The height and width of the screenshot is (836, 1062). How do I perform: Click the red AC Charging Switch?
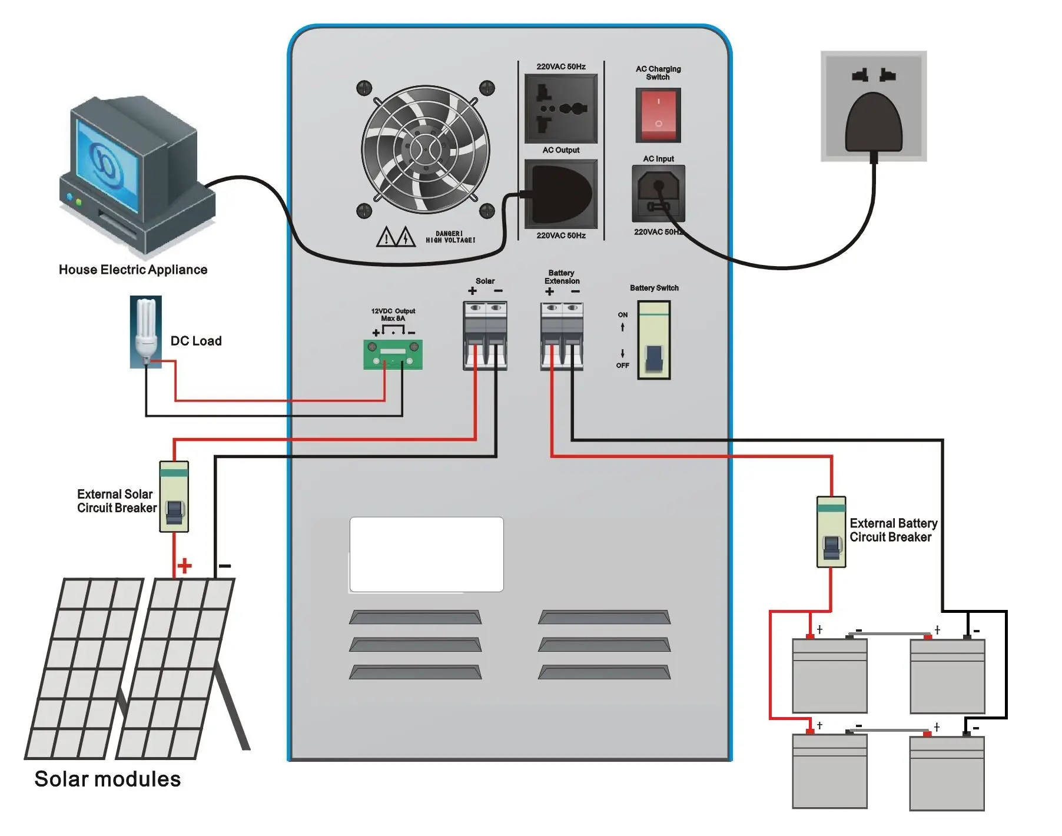click(x=658, y=115)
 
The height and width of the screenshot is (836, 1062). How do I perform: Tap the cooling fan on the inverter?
click(x=426, y=150)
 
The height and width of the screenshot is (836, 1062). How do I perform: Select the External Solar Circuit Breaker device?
click(x=174, y=497)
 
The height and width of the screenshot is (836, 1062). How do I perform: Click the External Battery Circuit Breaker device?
click(x=831, y=532)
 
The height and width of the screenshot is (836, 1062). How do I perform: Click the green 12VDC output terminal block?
click(x=393, y=354)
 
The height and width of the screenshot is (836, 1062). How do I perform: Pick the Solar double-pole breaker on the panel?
click(x=485, y=336)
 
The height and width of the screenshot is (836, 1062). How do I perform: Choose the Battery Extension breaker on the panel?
click(x=562, y=336)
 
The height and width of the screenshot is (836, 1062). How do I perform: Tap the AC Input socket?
click(x=658, y=193)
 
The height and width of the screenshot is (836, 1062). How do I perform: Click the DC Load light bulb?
click(x=146, y=330)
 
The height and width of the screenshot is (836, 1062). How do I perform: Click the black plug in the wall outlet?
click(x=874, y=124)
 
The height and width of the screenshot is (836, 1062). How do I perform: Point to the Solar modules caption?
click(x=108, y=779)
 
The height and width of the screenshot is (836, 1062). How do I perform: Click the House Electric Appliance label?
click(x=133, y=270)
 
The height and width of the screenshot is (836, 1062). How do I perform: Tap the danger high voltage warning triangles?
click(x=396, y=237)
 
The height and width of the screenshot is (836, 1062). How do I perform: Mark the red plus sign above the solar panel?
click(x=185, y=566)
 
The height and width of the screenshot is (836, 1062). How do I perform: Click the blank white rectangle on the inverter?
click(x=426, y=554)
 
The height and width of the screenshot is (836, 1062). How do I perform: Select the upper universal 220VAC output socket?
click(x=561, y=108)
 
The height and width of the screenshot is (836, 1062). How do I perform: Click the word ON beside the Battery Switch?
click(x=623, y=315)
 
